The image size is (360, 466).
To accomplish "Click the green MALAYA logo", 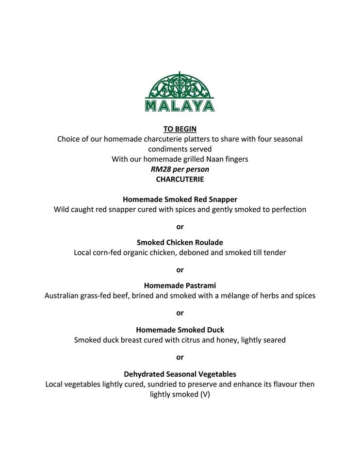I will [180, 92].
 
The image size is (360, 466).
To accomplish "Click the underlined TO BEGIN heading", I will [180, 129].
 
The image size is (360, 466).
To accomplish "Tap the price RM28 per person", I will [180, 169].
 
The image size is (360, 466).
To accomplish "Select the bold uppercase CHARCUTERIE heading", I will [180, 179].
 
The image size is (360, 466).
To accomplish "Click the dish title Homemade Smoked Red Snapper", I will [180, 200].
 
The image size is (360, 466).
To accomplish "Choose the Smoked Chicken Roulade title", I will [180, 242].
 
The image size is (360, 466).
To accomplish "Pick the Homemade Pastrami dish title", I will [180, 285].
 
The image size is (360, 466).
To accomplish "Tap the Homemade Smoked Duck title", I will [180, 330].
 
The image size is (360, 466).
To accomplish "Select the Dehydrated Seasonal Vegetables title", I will [180, 374].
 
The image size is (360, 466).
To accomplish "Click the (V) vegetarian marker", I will [204, 395].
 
